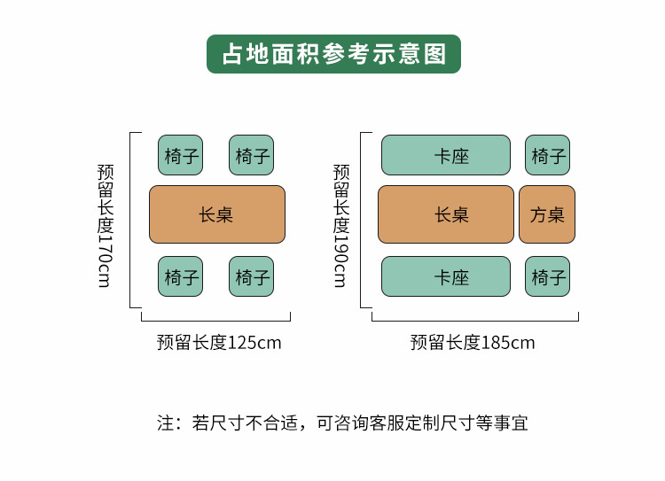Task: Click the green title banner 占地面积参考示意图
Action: coord(333,53)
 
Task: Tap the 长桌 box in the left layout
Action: coord(217,214)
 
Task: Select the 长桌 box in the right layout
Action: coord(446,214)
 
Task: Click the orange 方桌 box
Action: coord(547,214)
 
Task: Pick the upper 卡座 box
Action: coord(446,155)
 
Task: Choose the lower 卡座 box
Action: coord(446,276)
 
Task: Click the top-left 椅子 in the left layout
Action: coord(181,155)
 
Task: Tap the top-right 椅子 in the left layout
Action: coord(252,155)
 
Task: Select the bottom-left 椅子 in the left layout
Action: coord(181,276)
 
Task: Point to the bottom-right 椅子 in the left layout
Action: coord(252,276)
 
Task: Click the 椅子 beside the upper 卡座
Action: coord(547,155)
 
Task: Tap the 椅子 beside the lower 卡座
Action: coord(547,276)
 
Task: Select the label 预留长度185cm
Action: coord(473,343)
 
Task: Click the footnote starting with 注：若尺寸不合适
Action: coord(342,423)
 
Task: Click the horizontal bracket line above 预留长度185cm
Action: coord(474,320)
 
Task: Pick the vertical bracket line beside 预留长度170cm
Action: coord(131,220)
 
